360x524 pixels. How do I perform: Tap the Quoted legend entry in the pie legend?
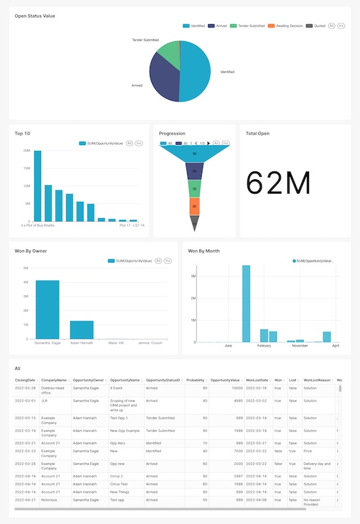(x=318, y=26)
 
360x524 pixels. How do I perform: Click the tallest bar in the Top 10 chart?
(x=37, y=186)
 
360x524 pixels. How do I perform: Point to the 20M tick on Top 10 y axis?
(x=26, y=150)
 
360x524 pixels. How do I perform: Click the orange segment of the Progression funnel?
(x=194, y=207)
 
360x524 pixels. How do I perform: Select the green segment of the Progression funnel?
(x=194, y=188)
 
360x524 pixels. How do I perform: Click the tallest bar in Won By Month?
(x=246, y=304)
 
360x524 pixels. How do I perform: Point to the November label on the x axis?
(x=300, y=345)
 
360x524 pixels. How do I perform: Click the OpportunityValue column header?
(x=225, y=379)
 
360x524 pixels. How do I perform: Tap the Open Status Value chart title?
(x=35, y=15)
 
